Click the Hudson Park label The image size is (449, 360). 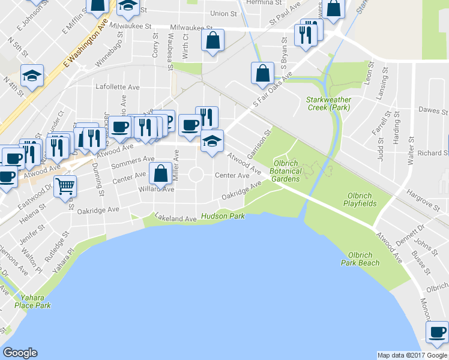click(x=223, y=216)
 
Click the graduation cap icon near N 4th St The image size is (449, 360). click(x=32, y=76)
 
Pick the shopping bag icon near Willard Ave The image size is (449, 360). click(x=160, y=173)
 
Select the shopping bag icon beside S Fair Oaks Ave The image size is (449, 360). click(x=262, y=73)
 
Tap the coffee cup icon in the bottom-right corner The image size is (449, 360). click(x=436, y=332)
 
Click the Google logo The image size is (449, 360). click(x=20, y=353)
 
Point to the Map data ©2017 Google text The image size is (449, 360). click(x=412, y=355)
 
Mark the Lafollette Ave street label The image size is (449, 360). click(x=118, y=87)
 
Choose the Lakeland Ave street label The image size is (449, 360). click(x=175, y=218)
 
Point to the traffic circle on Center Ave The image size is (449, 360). click(x=196, y=175)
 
